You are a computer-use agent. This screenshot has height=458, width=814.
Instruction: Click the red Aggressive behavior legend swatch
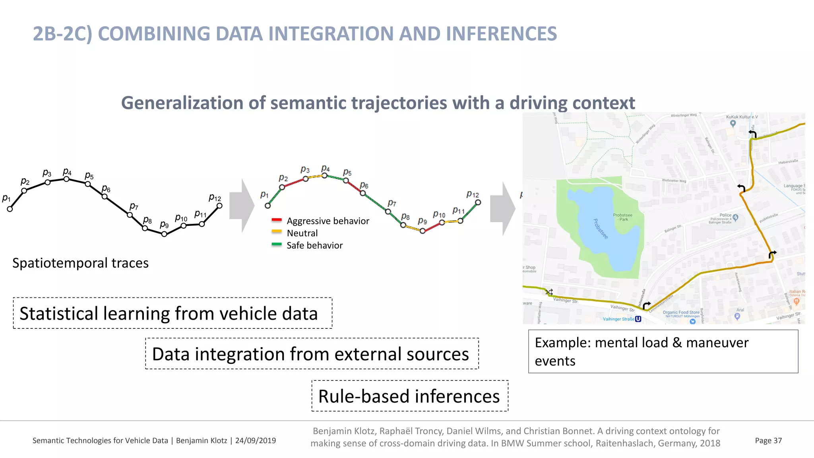tap(277, 220)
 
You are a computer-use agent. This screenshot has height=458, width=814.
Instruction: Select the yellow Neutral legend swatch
tap(277, 232)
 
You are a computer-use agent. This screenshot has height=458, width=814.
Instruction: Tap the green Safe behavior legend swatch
tap(277, 244)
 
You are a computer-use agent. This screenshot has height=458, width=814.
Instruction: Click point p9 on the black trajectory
tap(164, 234)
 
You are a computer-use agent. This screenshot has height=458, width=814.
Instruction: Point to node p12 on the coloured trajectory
tap(478, 202)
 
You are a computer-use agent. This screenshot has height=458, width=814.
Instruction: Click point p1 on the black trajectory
tap(10, 209)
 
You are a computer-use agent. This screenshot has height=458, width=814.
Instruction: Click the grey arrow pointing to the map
tap(502, 209)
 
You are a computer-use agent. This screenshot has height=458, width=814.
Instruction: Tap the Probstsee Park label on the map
tap(622, 217)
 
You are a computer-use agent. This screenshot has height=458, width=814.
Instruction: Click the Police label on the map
tap(725, 215)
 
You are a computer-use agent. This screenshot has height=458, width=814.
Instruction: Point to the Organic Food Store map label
tap(680, 312)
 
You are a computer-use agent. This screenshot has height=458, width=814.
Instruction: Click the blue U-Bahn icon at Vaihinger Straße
tap(638, 319)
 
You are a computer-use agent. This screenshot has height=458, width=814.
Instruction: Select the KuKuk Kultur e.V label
tap(742, 117)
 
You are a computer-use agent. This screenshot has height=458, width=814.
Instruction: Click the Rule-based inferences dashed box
tap(409, 396)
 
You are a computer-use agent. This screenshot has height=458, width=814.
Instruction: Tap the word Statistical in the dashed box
tap(59, 313)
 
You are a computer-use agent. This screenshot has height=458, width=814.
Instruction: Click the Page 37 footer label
tap(768, 441)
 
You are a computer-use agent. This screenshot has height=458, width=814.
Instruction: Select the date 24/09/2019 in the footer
tap(255, 441)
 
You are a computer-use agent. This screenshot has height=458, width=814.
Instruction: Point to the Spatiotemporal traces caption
tap(80, 263)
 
